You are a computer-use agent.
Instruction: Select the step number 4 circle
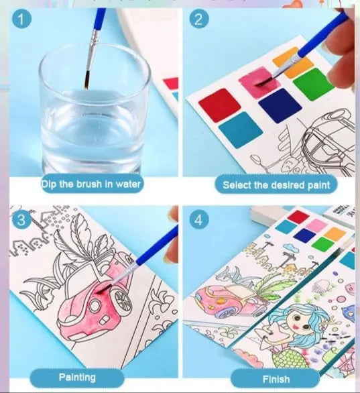(x=197, y=221)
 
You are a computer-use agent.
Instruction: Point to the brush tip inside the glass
(x=87, y=85)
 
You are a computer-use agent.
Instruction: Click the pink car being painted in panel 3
(x=97, y=291)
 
